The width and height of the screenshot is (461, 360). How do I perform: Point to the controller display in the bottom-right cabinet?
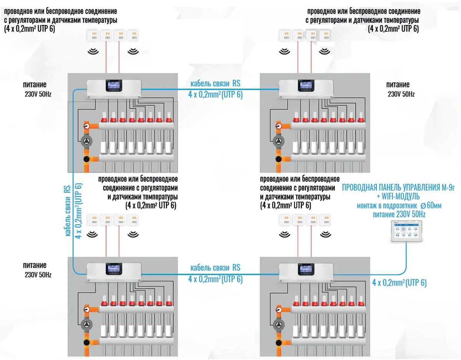(306, 270)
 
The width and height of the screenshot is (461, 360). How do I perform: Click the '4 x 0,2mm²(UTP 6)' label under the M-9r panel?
(399, 283)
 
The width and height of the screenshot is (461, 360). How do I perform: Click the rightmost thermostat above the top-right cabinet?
(325, 35)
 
